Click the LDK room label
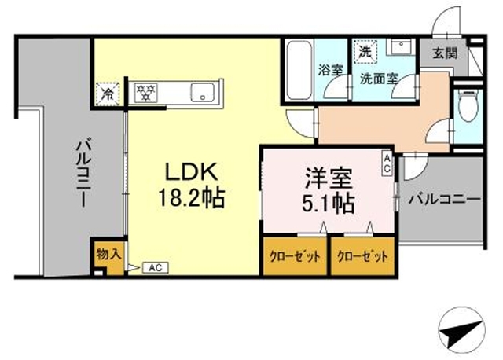tap(192, 171)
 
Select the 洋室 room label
tap(329, 178)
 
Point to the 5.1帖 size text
tap(329, 203)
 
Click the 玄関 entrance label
tap(445, 53)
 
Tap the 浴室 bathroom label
tap(330, 70)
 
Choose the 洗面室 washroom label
tap(379, 79)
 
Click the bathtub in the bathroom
tap(299, 71)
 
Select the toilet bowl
tap(468, 105)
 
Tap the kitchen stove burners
tap(146, 93)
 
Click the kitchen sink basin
tap(203, 93)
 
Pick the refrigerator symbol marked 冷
tap(108, 94)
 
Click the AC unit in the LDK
tap(156, 267)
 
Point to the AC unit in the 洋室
tap(387, 163)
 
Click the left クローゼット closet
tap(295, 256)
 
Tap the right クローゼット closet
tap(362, 256)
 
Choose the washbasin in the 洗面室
tap(401, 46)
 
